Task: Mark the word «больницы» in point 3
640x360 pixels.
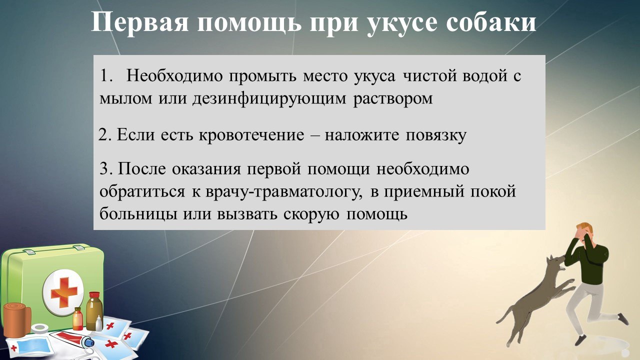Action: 132,213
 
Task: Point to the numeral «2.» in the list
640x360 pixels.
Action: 105,135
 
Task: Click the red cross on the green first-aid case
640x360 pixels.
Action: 62,291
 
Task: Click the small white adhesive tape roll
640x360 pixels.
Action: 39,328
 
